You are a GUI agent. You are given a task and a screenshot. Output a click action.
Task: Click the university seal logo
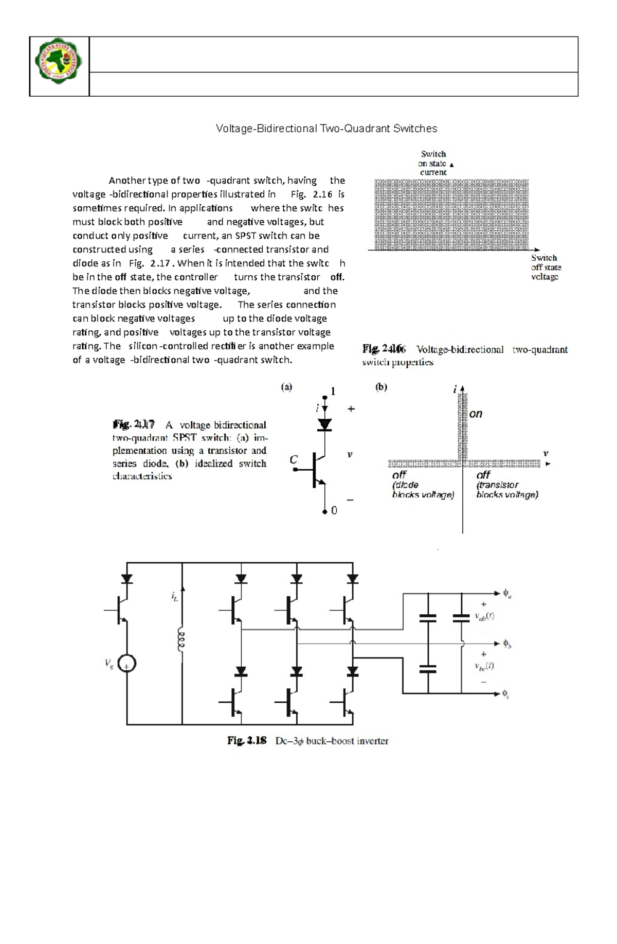(x=59, y=66)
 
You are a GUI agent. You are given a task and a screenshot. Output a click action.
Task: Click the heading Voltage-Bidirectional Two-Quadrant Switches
(x=326, y=129)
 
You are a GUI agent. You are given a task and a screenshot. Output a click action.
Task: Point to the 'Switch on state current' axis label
(x=433, y=163)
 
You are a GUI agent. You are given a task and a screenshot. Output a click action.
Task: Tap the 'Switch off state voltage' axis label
(x=546, y=268)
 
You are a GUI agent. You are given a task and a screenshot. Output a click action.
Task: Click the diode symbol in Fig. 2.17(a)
(x=324, y=425)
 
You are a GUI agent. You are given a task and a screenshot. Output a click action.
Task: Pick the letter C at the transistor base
(x=294, y=459)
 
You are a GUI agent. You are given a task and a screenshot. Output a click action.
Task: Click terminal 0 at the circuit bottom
(x=334, y=511)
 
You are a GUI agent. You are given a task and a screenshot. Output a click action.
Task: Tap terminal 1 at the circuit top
(x=333, y=392)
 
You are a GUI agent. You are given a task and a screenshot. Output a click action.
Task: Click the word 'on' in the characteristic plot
(x=476, y=414)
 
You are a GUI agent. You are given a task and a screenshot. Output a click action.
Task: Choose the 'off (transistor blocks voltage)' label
(x=507, y=485)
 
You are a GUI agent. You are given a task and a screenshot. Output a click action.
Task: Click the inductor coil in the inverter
(x=181, y=640)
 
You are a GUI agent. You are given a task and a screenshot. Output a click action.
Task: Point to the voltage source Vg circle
(x=126, y=664)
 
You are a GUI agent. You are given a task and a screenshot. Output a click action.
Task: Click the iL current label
(x=175, y=597)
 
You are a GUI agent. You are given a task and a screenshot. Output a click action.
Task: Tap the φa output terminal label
(x=506, y=594)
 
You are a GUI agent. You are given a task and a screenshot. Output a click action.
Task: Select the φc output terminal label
(x=506, y=694)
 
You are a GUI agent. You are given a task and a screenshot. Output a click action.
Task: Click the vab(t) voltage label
(x=484, y=616)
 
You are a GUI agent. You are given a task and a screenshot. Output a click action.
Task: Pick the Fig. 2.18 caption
(x=308, y=741)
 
